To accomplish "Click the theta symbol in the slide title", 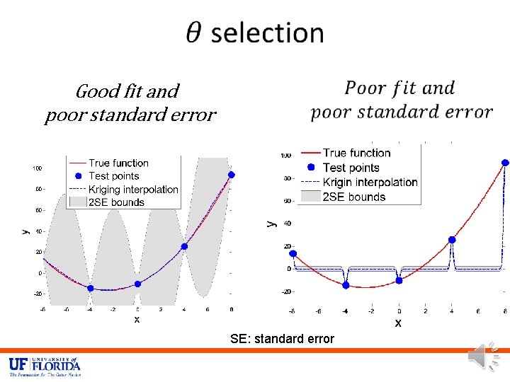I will point(195,33).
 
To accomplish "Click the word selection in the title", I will point(267,33).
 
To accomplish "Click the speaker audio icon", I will point(484,355).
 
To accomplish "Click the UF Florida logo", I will point(45,366).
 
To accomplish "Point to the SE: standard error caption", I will point(282,339).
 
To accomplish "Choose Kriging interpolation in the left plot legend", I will point(133,189).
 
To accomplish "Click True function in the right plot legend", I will point(356,153).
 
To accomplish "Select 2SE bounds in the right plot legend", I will point(353,197).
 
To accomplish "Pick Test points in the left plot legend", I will point(113,176).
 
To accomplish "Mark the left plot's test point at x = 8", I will point(231,174).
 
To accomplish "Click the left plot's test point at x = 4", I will point(184,246).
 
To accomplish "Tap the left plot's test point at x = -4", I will point(90,288).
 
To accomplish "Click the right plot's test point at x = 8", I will point(505,162).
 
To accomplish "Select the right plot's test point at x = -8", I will point(293,253).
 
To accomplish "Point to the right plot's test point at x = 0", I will point(399,280).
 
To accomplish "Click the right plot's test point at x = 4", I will point(452,240).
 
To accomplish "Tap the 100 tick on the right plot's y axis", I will point(285,155).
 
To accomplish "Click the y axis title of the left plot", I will point(25,231).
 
